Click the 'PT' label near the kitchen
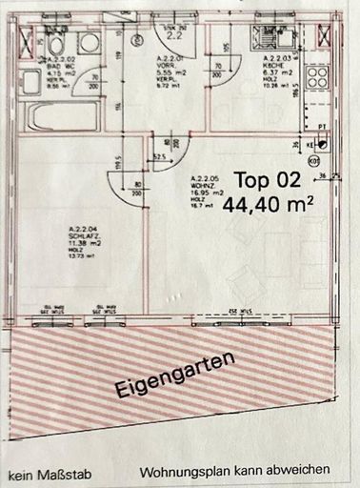pyautogui.click(x=324, y=124)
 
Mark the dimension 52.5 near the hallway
pyautogui.click(x=160, y=155)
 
